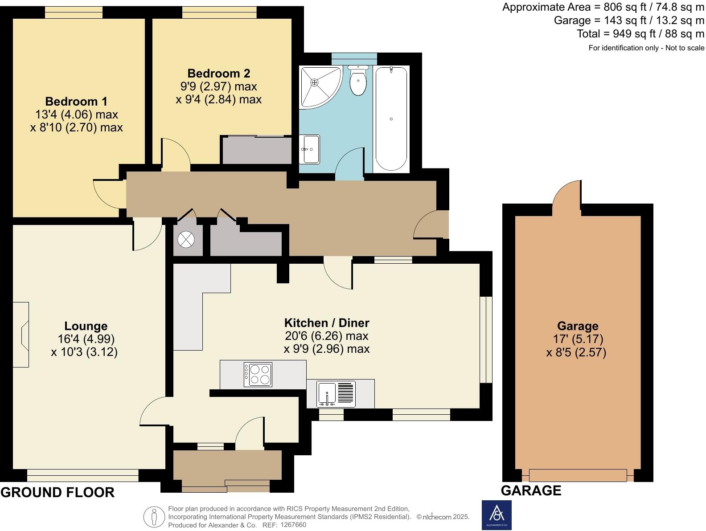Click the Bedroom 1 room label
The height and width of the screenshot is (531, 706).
[x=76, y=102]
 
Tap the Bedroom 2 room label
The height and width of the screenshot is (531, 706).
[x=218, y=74]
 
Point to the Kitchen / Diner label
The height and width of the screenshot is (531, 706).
[x=327, y=323]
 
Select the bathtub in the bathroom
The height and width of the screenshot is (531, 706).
[x=391, y=119]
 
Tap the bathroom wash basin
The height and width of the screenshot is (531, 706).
[x=309, y=149]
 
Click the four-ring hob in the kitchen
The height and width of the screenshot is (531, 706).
[x=258, y=375]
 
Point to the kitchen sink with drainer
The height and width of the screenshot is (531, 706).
[x=336, y=394]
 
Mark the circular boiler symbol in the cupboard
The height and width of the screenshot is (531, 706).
[x=186, y=240]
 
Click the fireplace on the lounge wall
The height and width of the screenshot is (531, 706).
[x=21, y=335]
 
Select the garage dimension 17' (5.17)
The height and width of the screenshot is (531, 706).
[x=578, y=339]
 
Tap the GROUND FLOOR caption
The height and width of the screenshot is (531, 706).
[x=57, y=492]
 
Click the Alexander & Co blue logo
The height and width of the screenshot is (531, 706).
[x=497, y=515]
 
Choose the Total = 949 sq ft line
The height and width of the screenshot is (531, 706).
[x=640, y=34]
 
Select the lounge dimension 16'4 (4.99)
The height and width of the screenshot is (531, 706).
[x=86, y=339]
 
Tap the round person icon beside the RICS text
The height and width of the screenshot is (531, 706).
[x=154, y=517]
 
